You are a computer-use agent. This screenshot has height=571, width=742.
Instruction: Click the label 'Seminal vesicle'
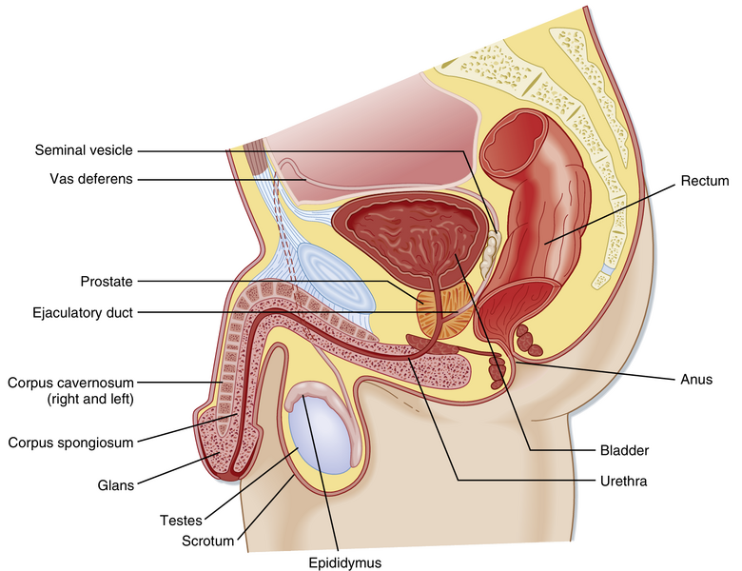pyautogui.click(x=84, y=149)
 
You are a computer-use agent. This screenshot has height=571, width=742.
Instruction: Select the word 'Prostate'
pyautogui.click(x=107, y=281)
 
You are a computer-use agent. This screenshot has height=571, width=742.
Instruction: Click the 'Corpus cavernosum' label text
pyautogui.click(x=70, y=384)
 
